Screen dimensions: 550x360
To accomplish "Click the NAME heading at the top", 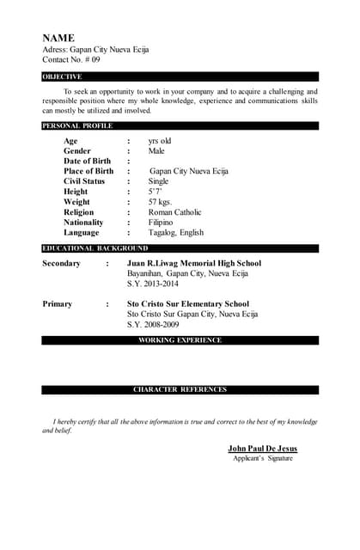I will [x=58, y=38].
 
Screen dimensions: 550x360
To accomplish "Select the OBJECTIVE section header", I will [x=63, y=76].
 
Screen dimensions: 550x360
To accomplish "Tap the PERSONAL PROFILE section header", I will [x=77, y=125].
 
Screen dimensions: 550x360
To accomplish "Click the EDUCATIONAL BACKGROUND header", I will [x=95, y=248].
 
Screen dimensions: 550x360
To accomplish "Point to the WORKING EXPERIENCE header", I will [x=180, y=340].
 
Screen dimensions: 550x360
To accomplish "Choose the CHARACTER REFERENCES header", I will [x=180, y=389].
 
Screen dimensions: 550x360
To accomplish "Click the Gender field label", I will [x=77, y=150].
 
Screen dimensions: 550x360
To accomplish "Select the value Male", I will [x=156, y=150].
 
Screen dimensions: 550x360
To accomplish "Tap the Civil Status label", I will [x=84, y=181].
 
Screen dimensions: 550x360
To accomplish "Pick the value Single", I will [x=159, y=181].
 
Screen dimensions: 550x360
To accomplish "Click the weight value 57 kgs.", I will [x=161, y=202].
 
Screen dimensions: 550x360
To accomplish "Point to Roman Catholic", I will [x=175, y=212].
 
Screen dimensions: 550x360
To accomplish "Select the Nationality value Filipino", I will [x=161, y=223].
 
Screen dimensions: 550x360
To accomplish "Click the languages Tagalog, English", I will [x=176, y=233].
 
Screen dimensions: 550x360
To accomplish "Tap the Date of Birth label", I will [x=87, y=161].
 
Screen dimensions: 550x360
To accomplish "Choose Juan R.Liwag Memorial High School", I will [x=193, y=263].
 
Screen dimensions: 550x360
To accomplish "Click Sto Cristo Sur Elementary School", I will [x=187, y=303].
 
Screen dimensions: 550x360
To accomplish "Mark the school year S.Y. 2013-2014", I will [x=153, y=284].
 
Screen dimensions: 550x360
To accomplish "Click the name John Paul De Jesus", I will [x=263, y=449].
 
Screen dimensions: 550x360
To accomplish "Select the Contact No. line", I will [x=71, y=60].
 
